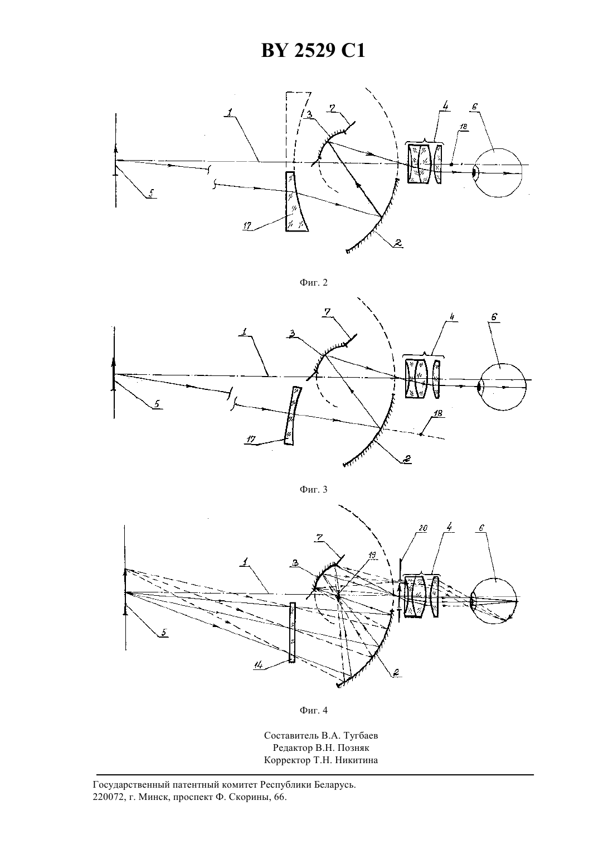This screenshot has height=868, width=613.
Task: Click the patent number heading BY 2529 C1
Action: tap(313, 50)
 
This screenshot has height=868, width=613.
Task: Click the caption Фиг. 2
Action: tap(313, 282)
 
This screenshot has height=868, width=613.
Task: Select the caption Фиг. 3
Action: tap(313, 489)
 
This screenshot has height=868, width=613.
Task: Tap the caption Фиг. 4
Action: tap(313, 710)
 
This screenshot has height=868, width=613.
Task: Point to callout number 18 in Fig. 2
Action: tap(464, 126)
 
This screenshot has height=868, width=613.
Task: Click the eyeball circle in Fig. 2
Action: tap(498, 173)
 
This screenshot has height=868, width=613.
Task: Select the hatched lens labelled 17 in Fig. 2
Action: tap(296, 201)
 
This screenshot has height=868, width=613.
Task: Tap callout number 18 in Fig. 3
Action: tap(437, 413)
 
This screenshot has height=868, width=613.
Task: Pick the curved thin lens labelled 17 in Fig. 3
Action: tap(292, 416)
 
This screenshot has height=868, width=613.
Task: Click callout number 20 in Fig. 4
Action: tap(422, 528)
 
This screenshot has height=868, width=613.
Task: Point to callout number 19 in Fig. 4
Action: tap(372, 555)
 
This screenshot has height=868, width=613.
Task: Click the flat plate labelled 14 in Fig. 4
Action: tap(293, 633)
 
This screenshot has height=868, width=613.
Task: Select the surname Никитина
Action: tap(357, 760)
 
